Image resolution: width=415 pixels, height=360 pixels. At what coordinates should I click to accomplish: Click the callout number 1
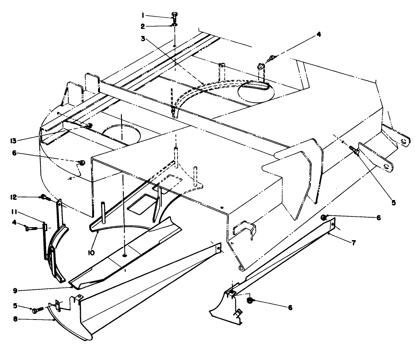(x=143, y=16)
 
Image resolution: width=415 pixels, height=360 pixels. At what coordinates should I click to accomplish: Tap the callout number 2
(x=143, y=26)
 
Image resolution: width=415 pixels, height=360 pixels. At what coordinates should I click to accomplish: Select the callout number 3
(x=143, y=39)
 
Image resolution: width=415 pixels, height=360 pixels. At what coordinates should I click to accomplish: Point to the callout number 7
(x=354, y=242)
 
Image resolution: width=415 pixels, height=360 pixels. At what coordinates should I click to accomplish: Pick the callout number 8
(x=15, y=319)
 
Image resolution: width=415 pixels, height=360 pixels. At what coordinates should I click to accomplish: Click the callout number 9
(x=15, y=291)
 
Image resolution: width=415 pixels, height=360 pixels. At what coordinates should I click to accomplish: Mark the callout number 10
(x=91, y=253)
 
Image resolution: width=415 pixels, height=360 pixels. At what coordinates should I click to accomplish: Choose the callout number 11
(x=14, y=211)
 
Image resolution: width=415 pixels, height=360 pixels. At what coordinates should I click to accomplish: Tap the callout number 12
(x=13, y=197)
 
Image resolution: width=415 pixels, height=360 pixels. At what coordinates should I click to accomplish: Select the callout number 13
(x=13, y=141)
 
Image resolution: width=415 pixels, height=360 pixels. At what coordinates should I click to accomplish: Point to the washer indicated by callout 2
(x=175, y=25)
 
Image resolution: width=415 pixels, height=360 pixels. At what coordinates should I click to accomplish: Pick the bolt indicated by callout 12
(x=45, y=197)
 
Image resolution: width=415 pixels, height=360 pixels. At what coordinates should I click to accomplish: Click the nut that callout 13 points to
(x=90, y=126)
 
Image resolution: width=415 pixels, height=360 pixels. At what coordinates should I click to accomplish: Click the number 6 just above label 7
(x=378, y=218)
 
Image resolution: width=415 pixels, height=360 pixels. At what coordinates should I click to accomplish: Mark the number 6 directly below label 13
(x=14, y=153)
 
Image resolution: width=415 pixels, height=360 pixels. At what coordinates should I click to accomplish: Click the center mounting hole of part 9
(x=124, y=255)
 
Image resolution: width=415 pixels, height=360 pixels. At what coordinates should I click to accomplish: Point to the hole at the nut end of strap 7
(x=333, y=224)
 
